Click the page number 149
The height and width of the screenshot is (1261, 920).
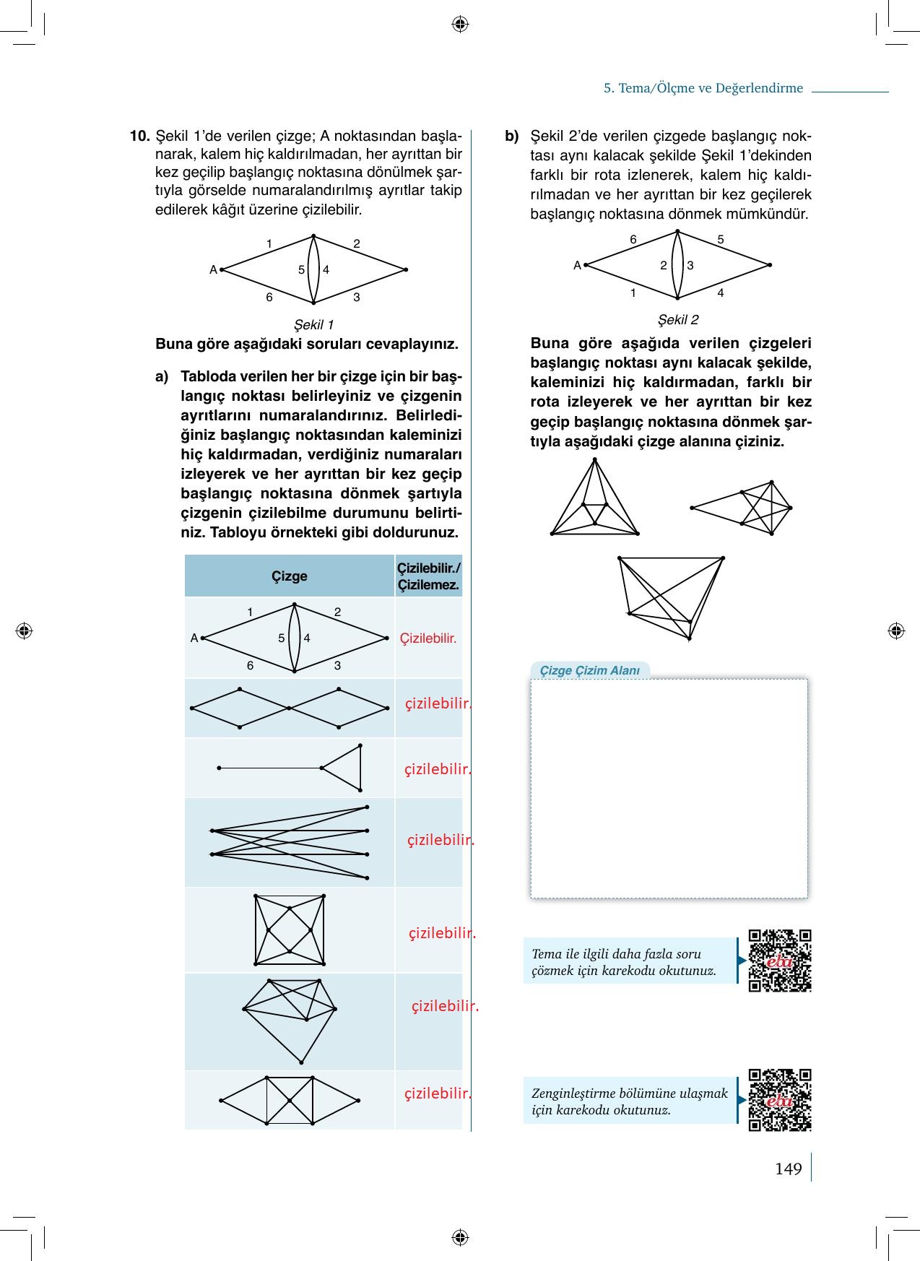coord(788,1169)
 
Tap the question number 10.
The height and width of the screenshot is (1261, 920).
coord(139,136)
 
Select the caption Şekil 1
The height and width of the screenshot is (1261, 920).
coord(313,325)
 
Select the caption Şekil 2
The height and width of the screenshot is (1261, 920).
coord(678,319)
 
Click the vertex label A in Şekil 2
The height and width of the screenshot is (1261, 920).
coord(577,265)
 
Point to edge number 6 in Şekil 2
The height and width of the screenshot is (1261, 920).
coord(633,239)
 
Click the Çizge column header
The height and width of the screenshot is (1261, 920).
coord(289,576)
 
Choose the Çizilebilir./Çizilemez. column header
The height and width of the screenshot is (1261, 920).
coord(428,576)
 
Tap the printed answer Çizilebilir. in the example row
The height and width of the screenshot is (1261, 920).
coord(428,638)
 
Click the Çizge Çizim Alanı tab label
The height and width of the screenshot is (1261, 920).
coord(590,670)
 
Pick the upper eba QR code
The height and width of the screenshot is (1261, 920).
coord(780,961)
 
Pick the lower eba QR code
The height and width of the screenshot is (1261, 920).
coord(780,1100)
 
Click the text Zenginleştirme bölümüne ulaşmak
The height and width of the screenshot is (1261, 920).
coord(630,1093)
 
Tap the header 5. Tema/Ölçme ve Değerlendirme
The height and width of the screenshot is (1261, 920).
coord(703,88)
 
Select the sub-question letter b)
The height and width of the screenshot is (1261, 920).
coord(512,136)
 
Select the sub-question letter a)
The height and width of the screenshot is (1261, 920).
coord(162,376)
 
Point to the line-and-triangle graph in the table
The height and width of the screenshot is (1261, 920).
coord(290,768)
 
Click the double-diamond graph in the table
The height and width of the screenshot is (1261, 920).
coord(289,708)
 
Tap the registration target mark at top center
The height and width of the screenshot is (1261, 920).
coord(460,25)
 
